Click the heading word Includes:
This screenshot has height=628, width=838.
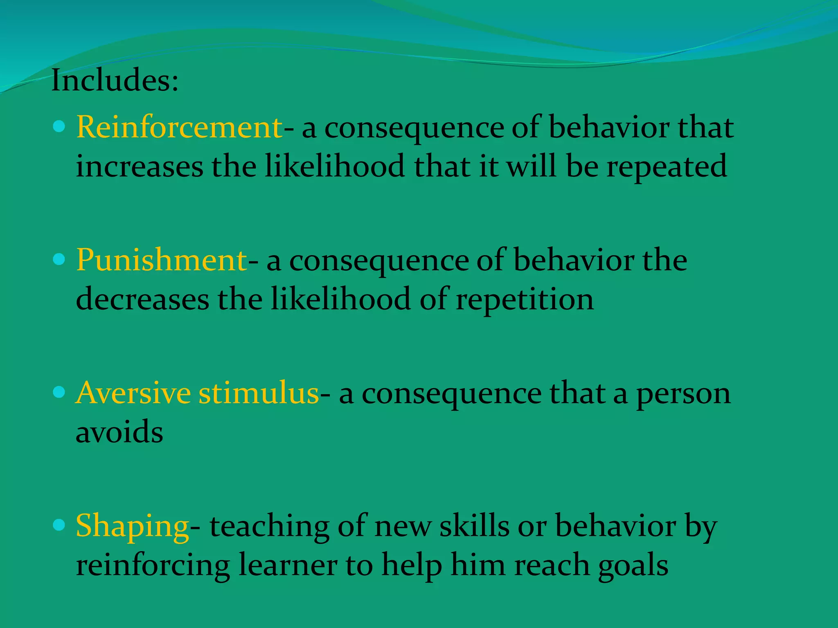(x=115, y=81)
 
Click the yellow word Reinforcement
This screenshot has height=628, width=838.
(x=179, y=127)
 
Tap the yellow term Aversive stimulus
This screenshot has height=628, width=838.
(x=197, y=393)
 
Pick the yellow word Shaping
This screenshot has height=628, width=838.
(x=132, y=526)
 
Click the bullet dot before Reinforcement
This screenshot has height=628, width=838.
(x=59, y=126)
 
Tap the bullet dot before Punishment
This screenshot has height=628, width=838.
(x=59, y=259)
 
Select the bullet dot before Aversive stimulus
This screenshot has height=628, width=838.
(x=59, y=392)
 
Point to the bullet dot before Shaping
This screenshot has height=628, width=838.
(x=59, y=525)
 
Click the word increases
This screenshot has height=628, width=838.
(x=140, y=166)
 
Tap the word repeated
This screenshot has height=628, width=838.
(x=667, y=167)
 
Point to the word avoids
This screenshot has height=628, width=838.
(x=119, y=432)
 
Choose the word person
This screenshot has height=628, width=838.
(x=683, y=394)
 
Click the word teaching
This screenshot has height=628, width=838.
(x=269, y=527)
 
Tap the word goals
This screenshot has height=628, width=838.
(x=633, y=566)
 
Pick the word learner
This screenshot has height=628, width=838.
(x=288, y=565)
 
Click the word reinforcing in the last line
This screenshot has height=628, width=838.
(x=153, y=566)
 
